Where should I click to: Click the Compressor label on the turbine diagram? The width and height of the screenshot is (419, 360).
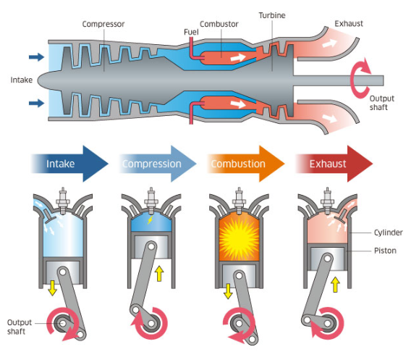103,24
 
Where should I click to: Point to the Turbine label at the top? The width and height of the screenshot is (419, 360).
272,14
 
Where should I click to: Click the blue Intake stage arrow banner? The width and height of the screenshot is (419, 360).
69,164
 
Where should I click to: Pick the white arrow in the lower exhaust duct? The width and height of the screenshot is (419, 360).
329,116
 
